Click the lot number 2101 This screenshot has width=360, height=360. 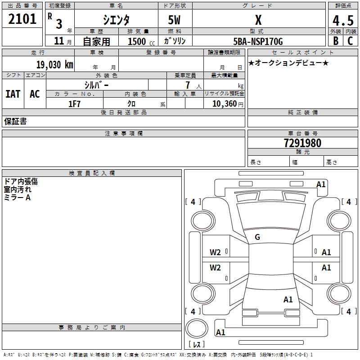22,19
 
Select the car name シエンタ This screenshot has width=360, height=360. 116,20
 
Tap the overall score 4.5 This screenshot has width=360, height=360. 342,20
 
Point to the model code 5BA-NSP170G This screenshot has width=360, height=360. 258,41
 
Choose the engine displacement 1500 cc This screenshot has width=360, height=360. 139,41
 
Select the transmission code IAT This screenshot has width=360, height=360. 13,94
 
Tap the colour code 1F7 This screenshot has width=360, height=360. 74,104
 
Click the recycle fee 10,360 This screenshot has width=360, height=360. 224,104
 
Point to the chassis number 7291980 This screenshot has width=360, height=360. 302,144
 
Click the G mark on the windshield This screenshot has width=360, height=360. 257,237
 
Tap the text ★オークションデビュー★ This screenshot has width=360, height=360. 288,63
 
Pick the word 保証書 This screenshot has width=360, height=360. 15,121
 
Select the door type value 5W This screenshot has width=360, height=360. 174,20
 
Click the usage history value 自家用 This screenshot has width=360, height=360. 96,41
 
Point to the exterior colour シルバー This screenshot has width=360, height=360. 97,85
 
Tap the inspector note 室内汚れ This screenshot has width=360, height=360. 18,189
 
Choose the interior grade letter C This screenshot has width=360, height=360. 350,40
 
